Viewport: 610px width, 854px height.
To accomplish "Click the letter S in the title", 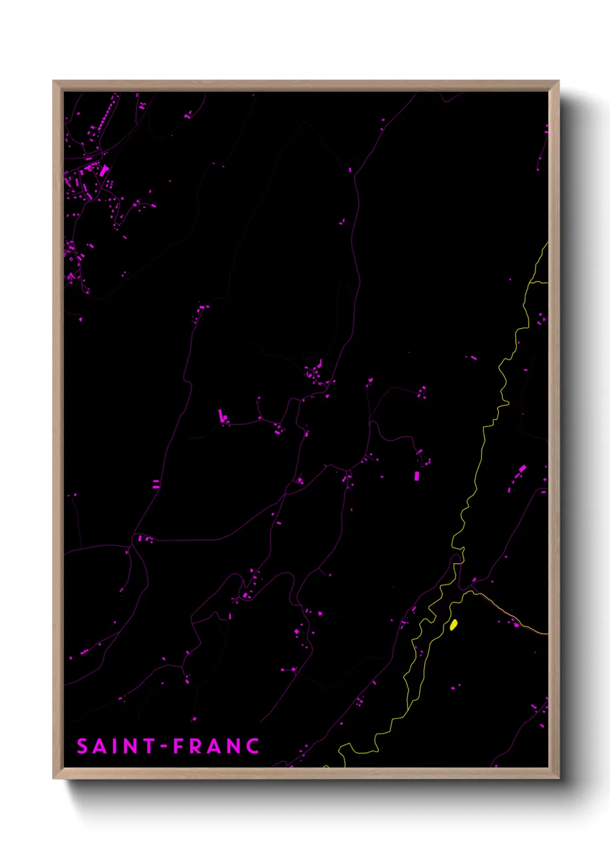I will pyautogui.click(x=82, y=746).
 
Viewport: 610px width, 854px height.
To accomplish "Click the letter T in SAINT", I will pyautogui.click(x=149, y=746).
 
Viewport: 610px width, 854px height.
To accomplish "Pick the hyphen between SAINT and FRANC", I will pyautogui.click(x=164, y=746).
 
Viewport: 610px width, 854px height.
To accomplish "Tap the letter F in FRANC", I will pyautogui.click(x=179, y=746).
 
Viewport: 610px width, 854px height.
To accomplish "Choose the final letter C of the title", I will pyautogui.click(x=252, y=746).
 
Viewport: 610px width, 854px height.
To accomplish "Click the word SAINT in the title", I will pyautogui.click(x=115, y=746).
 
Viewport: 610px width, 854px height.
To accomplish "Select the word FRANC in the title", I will pyautogui.click(x=216, y=746).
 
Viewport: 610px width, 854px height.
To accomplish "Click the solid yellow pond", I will pyautogui.click(x=454, y=624).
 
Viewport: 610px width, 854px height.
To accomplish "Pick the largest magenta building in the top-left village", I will pyautogui.click(x=103, y=170).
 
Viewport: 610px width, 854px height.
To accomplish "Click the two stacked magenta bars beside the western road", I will pyautogui.click(x=156, y=484).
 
